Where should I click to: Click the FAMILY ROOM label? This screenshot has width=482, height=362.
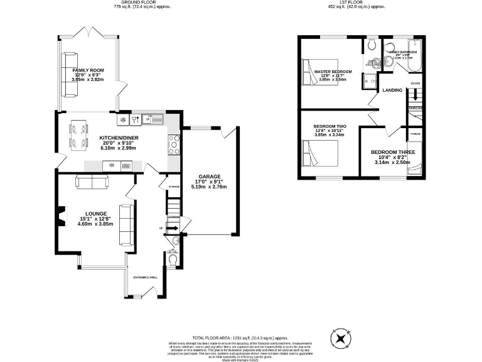[x=88, y=70]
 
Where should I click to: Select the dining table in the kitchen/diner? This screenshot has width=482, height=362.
[x=79, y=135]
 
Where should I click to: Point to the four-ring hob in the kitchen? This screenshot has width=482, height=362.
[x=174, y=145]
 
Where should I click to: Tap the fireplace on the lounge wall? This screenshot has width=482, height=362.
[x=60, y=217]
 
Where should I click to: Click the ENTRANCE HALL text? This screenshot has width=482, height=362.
[x=144, y=277]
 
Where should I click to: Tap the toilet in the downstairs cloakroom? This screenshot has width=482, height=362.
[x=173, y=259]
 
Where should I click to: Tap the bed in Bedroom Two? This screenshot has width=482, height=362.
[x=320, y=153]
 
